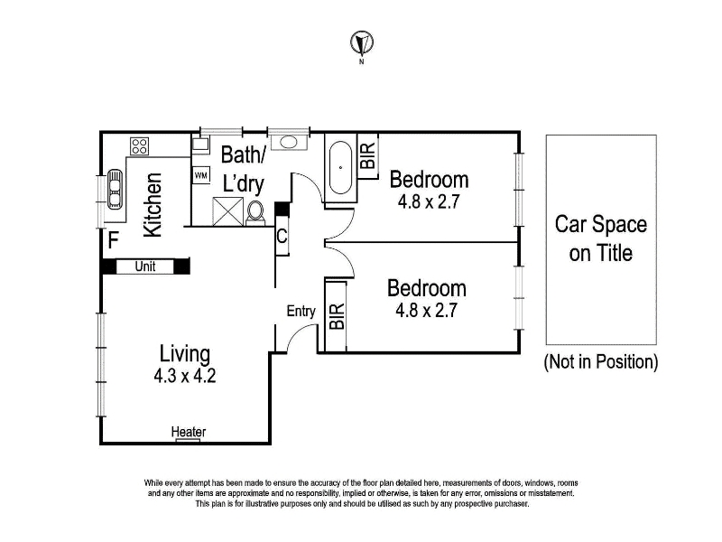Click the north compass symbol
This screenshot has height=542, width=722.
(362, 42)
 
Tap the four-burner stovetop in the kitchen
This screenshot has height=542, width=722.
(139, 146)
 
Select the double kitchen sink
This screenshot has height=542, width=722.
(115, 189)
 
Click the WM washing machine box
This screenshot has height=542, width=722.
(200, 175)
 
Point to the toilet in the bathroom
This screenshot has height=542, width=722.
(255, 213)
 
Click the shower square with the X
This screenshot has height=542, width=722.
(228, 211)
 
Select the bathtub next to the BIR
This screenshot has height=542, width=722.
(341, 168)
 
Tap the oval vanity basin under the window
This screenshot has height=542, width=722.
(289, 142)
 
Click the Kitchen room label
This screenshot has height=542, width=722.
(153, 205)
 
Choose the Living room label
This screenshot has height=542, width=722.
(185, 354)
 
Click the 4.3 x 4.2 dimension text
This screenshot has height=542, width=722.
(185, 376)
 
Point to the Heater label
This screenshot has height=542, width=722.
(189, 432)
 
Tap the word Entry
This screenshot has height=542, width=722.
(301, 311)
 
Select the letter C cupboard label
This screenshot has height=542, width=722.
(282, 237)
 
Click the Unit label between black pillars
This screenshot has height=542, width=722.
(145, 266)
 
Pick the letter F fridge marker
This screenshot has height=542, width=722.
(114, 240)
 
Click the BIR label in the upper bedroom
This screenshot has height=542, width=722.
(368, 155)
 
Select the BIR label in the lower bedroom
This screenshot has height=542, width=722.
(337, 316)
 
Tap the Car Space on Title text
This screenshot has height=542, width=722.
(601, 238)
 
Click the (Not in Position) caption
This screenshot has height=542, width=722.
(601, 362)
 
